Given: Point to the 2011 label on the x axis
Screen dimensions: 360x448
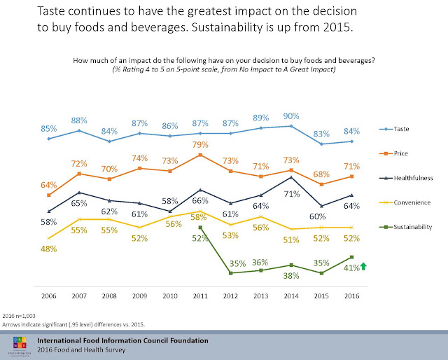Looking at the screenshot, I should pyautogui.click(x=201, y=297).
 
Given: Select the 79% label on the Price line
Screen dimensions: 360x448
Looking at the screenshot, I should pyautogui.click(x=202, y=145).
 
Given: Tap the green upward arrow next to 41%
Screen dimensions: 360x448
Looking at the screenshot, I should pyautogui.click(x=365, y=266).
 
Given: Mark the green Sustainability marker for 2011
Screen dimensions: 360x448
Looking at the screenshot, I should pyautogui.click(x=201, y=228).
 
